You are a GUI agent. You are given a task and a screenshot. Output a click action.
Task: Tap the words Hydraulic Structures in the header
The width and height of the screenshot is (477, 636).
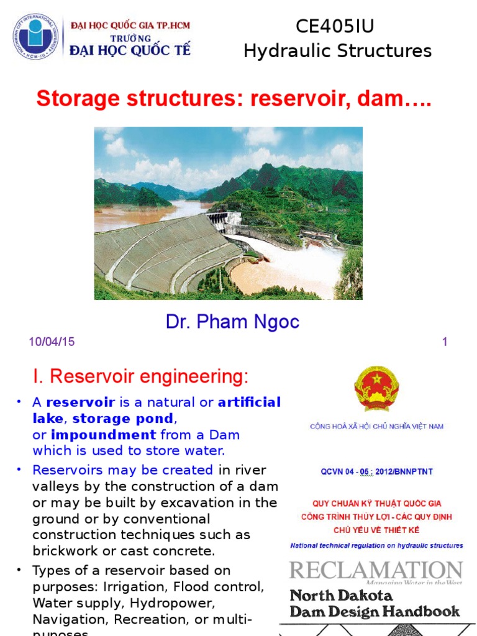tap(337, 51)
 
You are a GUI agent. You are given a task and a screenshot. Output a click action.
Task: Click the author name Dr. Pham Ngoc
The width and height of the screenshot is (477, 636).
tap(232, 322)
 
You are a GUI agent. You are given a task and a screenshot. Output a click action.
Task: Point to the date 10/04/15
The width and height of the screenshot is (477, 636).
tap(52, 342)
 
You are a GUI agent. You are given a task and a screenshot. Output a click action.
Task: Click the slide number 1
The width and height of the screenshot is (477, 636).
tap(445, 342)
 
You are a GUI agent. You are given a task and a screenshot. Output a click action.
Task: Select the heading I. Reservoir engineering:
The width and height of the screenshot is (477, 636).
tap(140, 376)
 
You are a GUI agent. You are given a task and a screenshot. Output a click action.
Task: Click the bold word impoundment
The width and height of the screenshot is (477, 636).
tap(103, 435)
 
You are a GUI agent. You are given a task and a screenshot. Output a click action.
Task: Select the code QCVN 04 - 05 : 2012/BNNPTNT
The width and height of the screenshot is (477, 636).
tap(377, 472)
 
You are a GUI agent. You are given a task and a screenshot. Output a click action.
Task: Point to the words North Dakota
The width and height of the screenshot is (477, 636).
tap(342, 595)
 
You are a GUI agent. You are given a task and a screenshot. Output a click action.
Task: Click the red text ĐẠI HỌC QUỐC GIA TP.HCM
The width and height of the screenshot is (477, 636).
tap(130, 25)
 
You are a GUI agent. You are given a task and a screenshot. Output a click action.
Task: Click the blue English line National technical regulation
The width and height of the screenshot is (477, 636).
tap(376, 545)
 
